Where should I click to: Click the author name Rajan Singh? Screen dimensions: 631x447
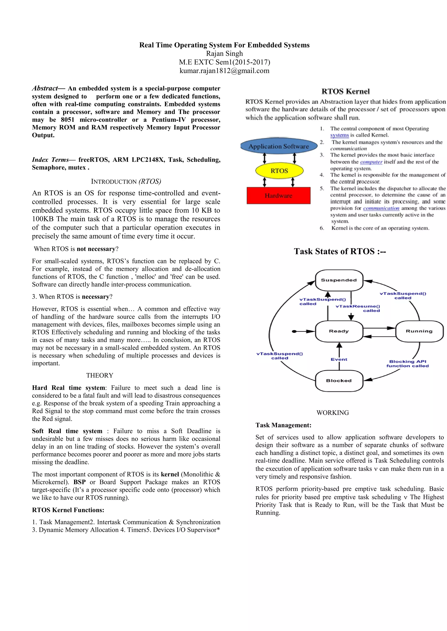click(224, 54)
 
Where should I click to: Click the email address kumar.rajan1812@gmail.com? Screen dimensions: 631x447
click(224, 71)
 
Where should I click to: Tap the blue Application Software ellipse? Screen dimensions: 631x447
click(279, 146)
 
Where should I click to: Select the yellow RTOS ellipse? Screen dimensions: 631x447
click(279, 171)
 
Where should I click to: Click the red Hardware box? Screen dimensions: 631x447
click(278, 196)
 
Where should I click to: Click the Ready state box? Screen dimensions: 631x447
click(339, 331)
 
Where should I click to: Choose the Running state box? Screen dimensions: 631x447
click(419, 331)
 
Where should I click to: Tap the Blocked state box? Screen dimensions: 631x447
click(339, 381)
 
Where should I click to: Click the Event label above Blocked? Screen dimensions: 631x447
click(339, 360)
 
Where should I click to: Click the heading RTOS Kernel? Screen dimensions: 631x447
click(346, 92)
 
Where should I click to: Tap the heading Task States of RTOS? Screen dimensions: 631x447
click(340, 251)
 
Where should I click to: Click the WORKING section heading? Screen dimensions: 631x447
click(332, 413)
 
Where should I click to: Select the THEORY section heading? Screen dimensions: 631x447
click(100, 375)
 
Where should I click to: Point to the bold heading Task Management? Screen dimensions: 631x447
click(283, 425)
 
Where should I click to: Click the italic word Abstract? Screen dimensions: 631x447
click(45, 88)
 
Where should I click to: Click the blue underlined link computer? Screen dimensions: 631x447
click(371, 162)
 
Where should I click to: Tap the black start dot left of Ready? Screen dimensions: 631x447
click(294, 331)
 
